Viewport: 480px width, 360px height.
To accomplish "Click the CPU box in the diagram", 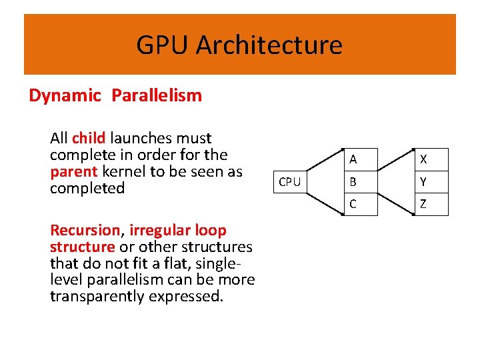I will coord(289,181).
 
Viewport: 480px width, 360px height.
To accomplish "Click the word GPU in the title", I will coord(163,45).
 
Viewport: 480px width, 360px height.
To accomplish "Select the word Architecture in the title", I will coord(269,45).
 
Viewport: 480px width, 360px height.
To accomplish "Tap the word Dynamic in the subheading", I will coord(65,95).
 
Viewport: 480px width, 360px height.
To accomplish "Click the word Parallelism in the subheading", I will coord(157,95).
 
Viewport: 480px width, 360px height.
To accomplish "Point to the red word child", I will coord(89,139).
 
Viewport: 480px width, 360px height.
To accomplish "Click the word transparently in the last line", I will coord(103,296).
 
